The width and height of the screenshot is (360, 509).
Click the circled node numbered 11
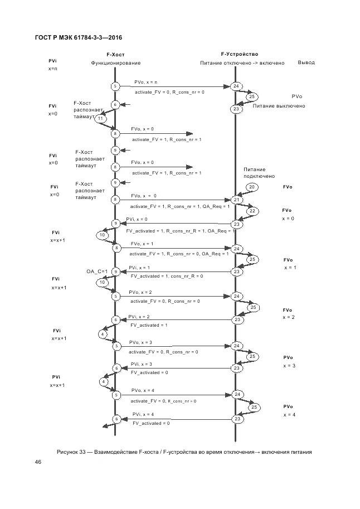[x=100, y=119]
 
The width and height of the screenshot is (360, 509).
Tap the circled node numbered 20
[x=251, y=187]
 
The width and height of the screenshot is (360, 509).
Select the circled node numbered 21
[x=236, y=200]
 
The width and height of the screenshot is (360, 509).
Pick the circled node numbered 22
[x=252, y=211]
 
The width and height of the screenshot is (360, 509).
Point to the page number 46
[x=38, y=462]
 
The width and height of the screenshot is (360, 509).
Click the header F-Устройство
[x=240, y=54]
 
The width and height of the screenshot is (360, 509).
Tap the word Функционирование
[x=116, y=63]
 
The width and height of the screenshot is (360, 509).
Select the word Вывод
[x=306, y=62]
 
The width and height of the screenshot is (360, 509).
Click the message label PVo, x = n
[x=145, y=82]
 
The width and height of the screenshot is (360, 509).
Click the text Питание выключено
[x=279, y=106]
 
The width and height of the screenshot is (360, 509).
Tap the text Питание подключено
[x=254, y=173]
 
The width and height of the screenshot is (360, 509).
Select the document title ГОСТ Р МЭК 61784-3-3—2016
[x=74, y=37]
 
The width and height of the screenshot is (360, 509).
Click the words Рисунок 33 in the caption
[x=73, y=452]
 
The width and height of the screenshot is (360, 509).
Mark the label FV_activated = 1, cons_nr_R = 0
[x=167, y=276]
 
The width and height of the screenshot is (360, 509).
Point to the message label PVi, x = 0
[x=137, y=219]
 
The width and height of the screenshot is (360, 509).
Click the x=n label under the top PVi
[x=53, y=69]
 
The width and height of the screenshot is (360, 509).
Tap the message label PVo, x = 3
[x=140, y=342]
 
